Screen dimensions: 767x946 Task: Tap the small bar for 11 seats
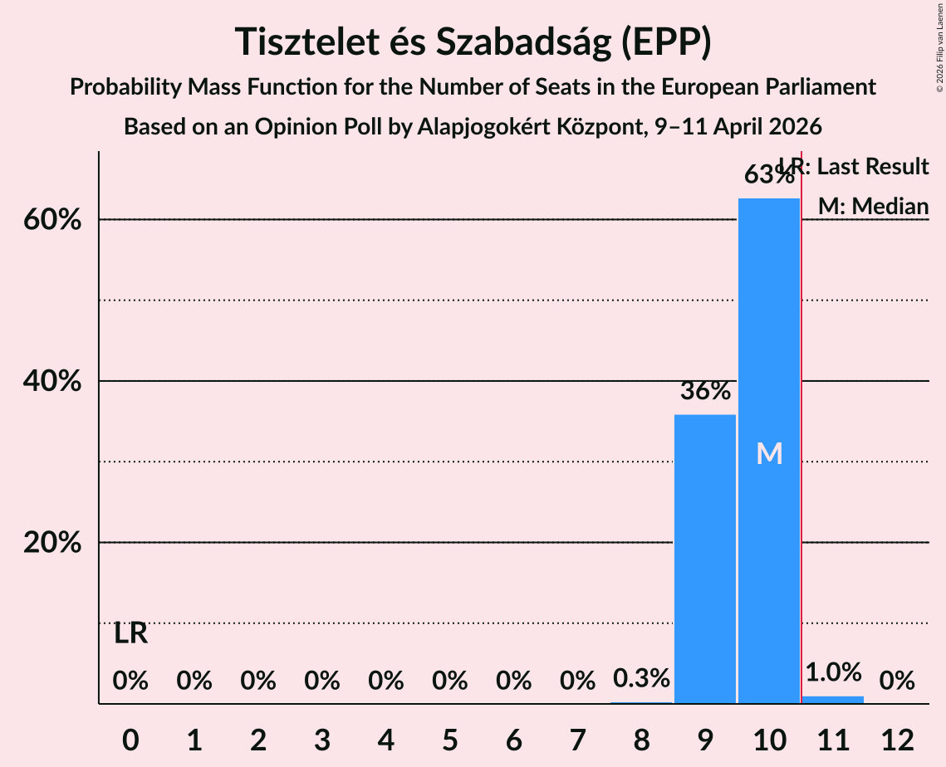[833, 700]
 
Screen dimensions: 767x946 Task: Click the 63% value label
[769, 175]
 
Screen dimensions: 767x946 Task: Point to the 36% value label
[705, 391]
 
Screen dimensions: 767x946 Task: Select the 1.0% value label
[833, 672]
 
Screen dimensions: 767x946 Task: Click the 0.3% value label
[641, 679]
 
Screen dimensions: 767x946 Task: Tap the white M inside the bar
[769, 453]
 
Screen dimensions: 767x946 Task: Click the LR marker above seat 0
[130, 634]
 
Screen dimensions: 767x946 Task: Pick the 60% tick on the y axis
[57, 221]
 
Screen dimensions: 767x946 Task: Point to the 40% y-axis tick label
[57, 382]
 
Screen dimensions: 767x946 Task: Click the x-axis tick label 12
[897, 739]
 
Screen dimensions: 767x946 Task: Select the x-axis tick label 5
[449, 739]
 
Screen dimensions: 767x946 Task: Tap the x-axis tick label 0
[130, 739]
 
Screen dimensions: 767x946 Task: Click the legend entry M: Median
[873, 206]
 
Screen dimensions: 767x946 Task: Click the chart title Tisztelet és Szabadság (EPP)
[473, 42]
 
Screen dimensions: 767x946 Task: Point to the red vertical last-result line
[801, 415]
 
